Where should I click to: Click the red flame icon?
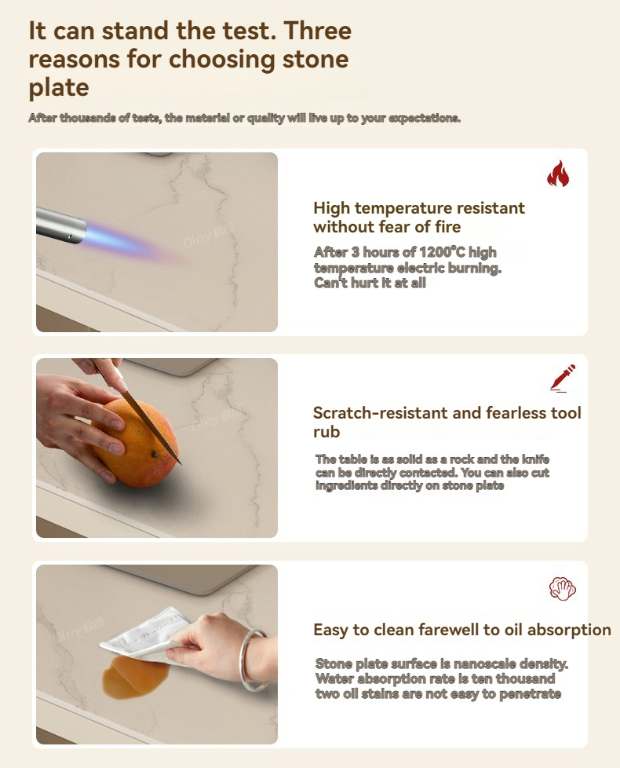pyautogui.click(x=558, y=174)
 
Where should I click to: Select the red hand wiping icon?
pyautogui.click(x=562, y=588)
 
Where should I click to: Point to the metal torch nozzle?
pyautogui.click(x=60, y=225)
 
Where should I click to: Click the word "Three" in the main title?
pyautogui.click(x=318, y=31)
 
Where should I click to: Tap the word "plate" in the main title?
pyautogui.click(x=59, y=88)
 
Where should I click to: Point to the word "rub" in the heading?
pyautogui.click(x=326, y=432)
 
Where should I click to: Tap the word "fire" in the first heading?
pyautogui.click(x=447, y=227)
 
